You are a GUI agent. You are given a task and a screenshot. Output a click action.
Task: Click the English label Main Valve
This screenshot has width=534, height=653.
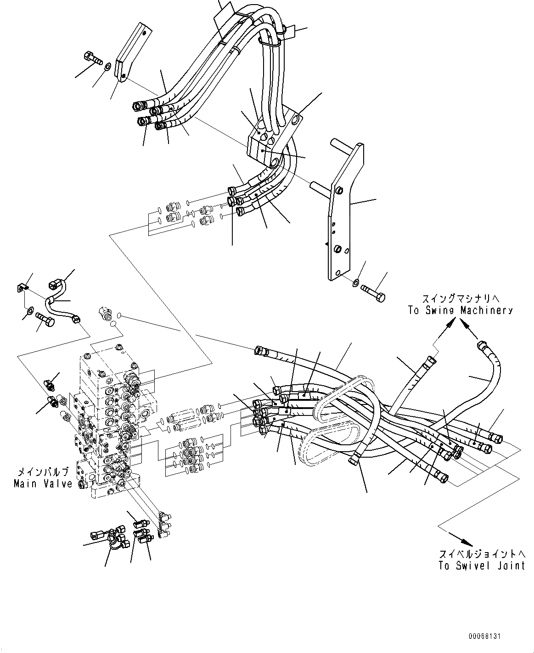[x=43, y=483]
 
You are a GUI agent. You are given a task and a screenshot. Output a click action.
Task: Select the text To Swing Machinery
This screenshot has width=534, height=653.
[x=460, y=310]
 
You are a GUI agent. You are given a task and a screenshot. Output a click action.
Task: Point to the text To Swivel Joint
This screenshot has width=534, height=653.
[x=481, y=565]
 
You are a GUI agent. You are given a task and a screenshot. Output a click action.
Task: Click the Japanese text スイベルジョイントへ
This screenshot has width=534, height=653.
[x=481, y=553]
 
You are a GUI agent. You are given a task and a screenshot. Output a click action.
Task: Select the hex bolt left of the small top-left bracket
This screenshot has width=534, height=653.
[x=93, y=58]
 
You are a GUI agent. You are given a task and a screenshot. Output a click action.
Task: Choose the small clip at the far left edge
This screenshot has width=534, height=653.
[x=22, y=288]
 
